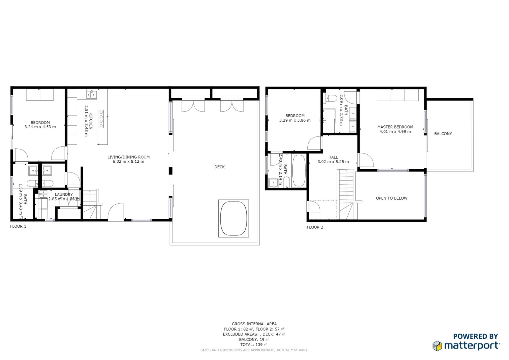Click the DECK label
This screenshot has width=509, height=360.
click(219, 167)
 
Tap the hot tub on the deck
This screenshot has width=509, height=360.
click(234, 219)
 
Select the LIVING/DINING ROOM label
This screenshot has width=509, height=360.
click(129, 157)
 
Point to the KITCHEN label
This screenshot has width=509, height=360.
click(91, 121)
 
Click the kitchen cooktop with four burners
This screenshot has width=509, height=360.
click(101, 119)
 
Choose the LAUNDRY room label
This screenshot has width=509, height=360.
click(64, 194)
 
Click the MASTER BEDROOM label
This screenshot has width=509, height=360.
click(395, 127)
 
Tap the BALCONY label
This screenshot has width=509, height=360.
click(443, 134)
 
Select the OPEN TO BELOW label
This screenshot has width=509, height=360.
click(392, 198)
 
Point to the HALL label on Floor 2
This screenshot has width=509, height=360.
click(333, 157)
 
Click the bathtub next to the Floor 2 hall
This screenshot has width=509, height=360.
click(299, 171)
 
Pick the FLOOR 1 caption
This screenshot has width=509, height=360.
click(18, 226)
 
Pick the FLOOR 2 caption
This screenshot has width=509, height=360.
click(315, 227)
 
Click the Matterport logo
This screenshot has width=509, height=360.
click(466, 345)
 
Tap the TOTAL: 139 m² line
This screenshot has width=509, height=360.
click(254, 344)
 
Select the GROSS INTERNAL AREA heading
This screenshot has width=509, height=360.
click(254, 324)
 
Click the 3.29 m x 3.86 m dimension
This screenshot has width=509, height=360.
click(295, 120)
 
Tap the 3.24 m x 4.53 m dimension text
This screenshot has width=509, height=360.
click(40, 127)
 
